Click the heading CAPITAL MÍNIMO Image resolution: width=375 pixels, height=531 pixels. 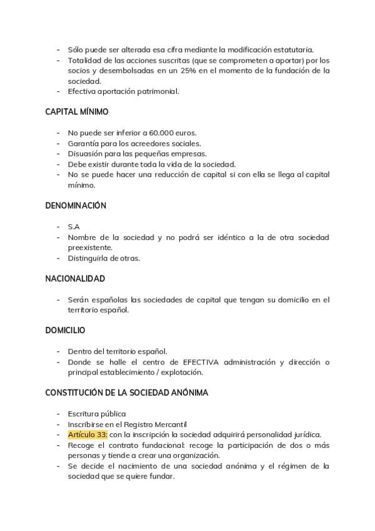pyautogui.click(x=76, y=112)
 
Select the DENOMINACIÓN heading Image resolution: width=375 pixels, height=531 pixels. pyautogui.click(x=76, y=205)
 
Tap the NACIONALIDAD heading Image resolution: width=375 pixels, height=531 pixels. pyautogui.click(x=75, y=279)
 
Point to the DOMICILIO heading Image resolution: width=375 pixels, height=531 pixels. pyautogui.click(x=65, y=330)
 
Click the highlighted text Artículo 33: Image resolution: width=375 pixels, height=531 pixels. pyautogui.click(x=87, y=435)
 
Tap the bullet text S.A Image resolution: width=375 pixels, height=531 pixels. pyautogui.click(x=74, y=227)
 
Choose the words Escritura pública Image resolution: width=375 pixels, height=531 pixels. pyautogui.click(x=97, y=414)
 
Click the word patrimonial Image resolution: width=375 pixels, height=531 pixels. pyautogui.click(x=156, y=91)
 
